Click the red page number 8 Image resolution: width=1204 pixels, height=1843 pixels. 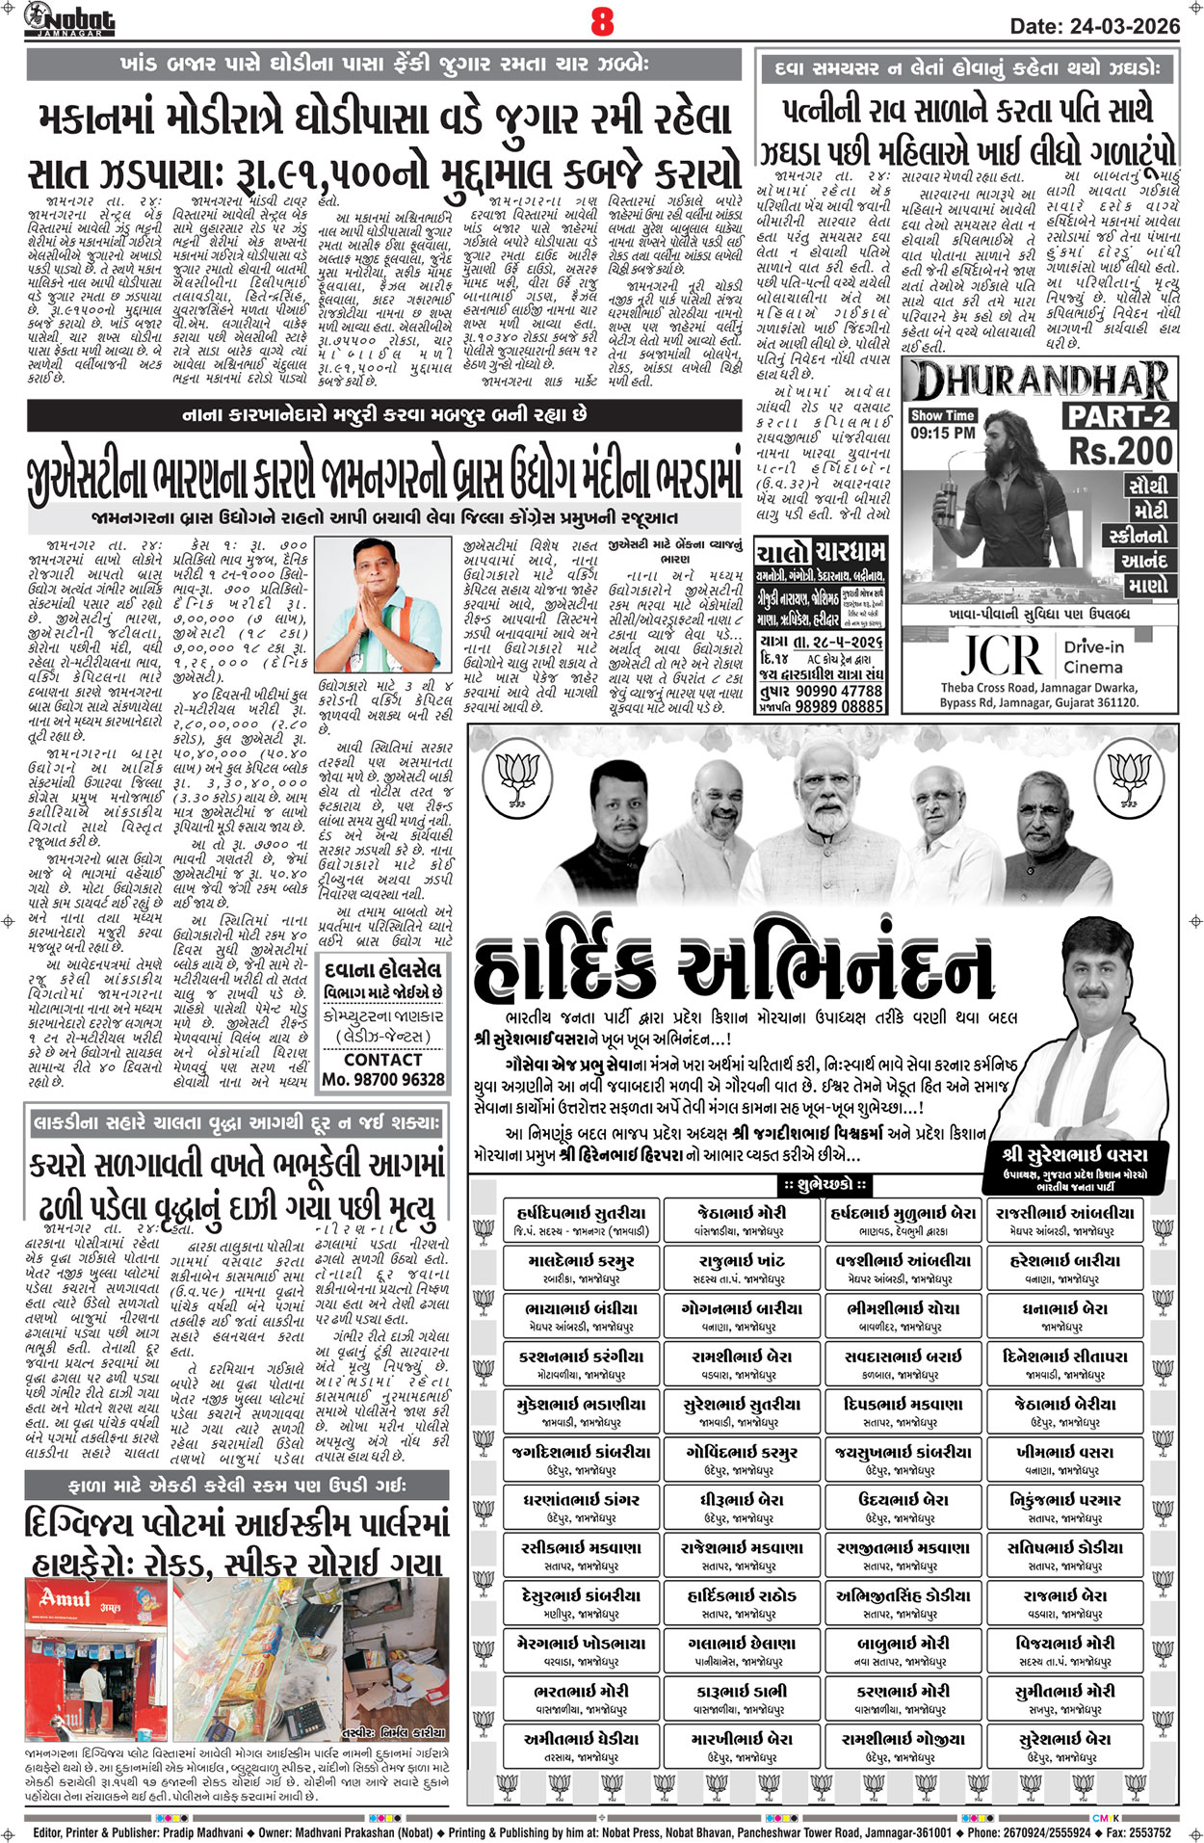[x=602, y=21]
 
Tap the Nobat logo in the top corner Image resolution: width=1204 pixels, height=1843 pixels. [x=69, y=19]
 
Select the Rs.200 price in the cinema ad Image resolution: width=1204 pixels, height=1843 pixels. [x=1120, y=450]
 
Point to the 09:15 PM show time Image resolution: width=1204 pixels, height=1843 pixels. [x=943, y=433]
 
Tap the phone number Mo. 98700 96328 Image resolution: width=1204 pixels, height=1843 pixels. [x=383, y=1080]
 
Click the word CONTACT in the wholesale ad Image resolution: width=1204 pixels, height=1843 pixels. [x=382, y=1059]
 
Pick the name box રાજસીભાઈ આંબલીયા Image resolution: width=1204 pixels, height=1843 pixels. [x=1065, y=1220]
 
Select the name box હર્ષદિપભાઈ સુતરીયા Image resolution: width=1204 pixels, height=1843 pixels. [x=581, y=1220]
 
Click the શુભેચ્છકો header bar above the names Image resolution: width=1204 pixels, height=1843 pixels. [x=824, y=1184]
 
